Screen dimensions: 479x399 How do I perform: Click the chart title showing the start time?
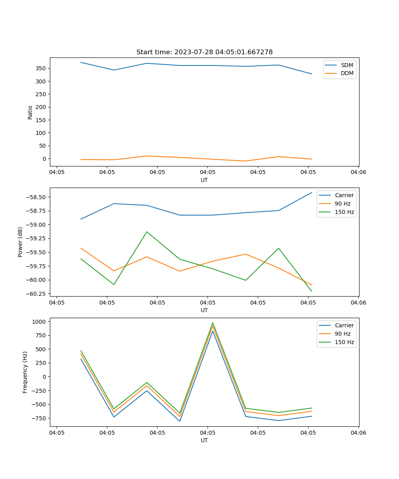[204, 52]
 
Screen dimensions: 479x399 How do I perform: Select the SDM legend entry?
[347, 65]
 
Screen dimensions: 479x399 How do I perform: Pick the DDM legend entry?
[347, 73]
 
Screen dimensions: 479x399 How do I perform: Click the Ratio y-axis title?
[30, 112]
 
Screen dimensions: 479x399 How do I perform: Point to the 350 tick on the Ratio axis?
[41, 68]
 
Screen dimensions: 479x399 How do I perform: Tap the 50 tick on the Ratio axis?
[43, 146]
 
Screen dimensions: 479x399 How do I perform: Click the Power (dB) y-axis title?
[20, 242]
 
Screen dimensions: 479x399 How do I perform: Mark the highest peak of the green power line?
[147, 232]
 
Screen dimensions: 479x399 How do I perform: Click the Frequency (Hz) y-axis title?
[25, 372]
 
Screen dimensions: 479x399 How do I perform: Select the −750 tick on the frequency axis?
[39, 418]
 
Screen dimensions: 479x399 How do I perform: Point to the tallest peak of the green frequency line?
[213, 323]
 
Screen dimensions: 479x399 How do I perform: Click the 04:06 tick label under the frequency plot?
[358, 432]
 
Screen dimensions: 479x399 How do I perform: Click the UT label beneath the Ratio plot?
[204, 180]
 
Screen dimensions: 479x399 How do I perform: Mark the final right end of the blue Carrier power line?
[312, 192]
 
